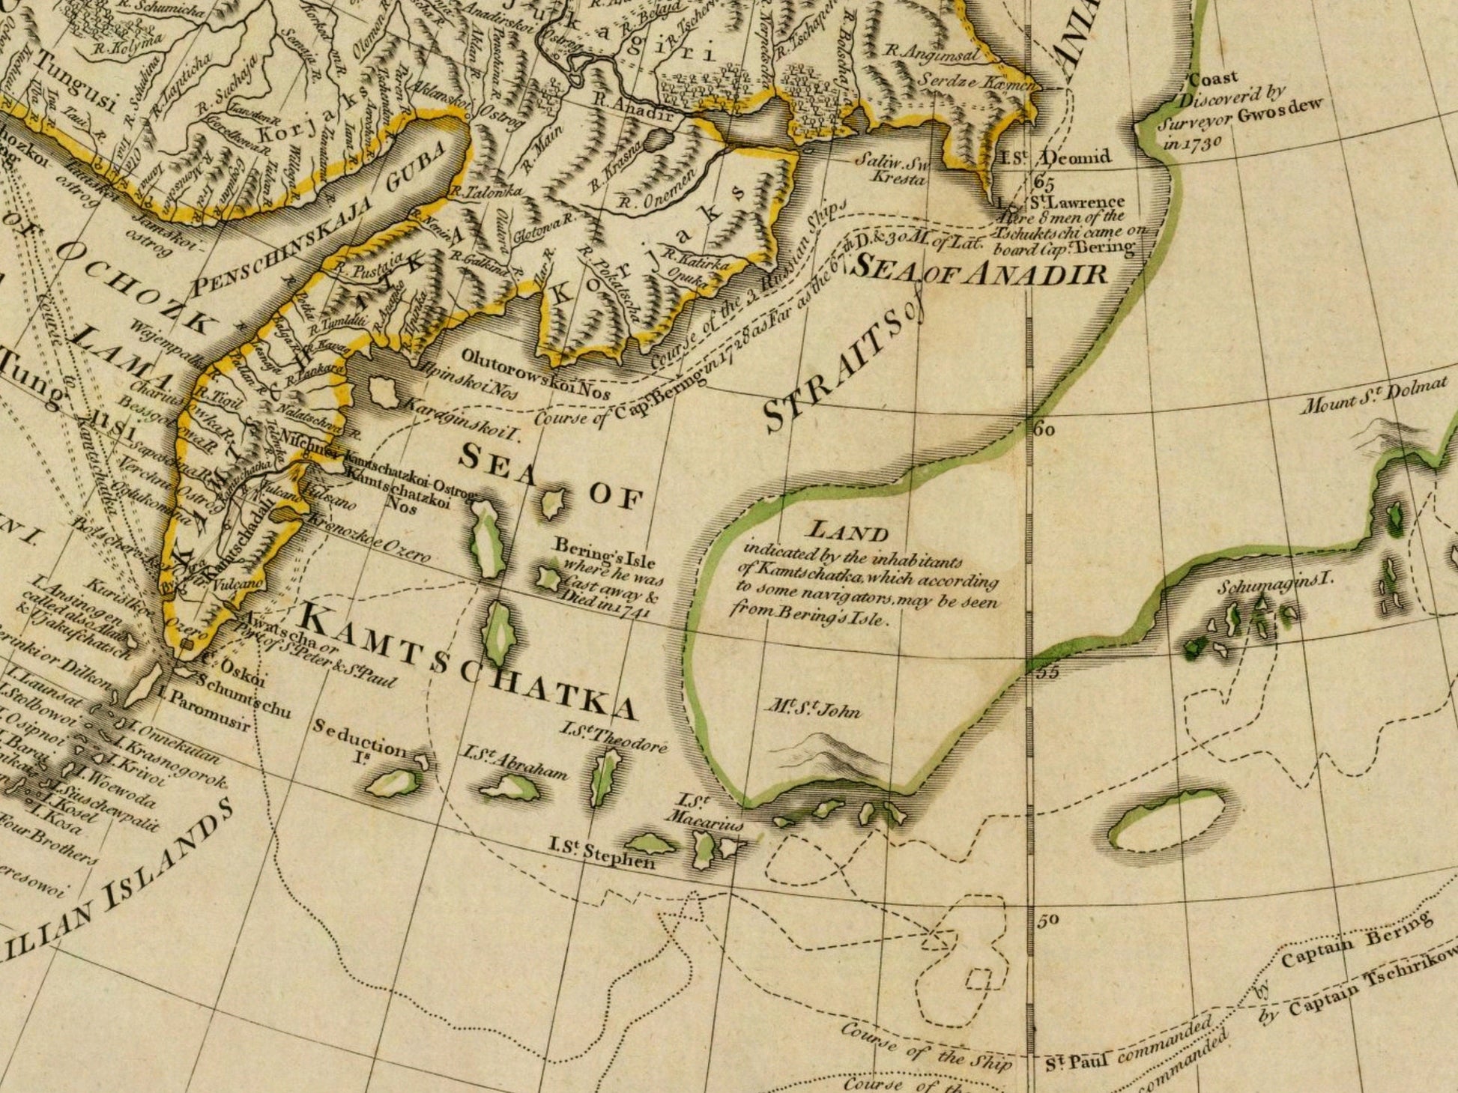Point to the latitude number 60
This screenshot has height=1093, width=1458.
tap(1044, 430)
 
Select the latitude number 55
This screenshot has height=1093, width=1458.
tap(1047, 672)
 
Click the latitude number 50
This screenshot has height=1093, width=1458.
tap(1048, 920)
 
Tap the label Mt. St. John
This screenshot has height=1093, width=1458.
tap(813, 708)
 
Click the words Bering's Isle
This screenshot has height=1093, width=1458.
tap(604, 554)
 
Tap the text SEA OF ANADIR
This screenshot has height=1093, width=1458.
tap(981, 270)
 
